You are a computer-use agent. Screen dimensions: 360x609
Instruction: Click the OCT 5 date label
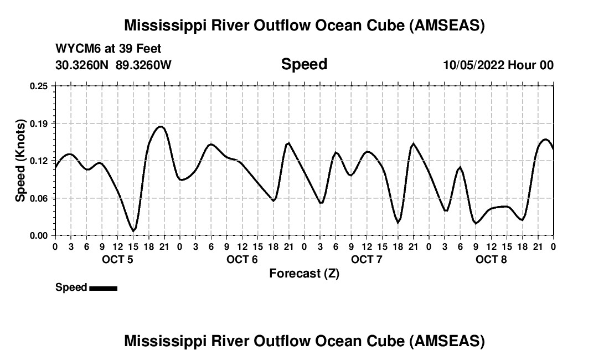(117, 259)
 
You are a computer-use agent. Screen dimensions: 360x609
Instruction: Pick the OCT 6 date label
(242, 259)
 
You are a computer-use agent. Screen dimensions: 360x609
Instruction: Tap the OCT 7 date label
(367, 259)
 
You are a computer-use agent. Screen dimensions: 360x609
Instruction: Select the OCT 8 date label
(491, 259)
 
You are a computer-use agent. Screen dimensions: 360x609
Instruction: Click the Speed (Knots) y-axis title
(20, 161)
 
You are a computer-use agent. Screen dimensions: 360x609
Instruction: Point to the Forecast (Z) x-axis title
(304, 274)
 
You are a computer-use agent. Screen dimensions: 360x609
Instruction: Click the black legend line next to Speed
(103, 288)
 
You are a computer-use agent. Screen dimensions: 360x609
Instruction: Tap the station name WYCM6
(75, 49)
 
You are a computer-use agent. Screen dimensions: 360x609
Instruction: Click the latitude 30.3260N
(83, 65)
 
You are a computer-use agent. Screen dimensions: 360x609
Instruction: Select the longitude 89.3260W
(143, 65)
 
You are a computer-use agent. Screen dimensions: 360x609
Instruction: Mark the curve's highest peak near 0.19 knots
(161, 126)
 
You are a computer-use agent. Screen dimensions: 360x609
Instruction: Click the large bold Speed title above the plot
(304, 64)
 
